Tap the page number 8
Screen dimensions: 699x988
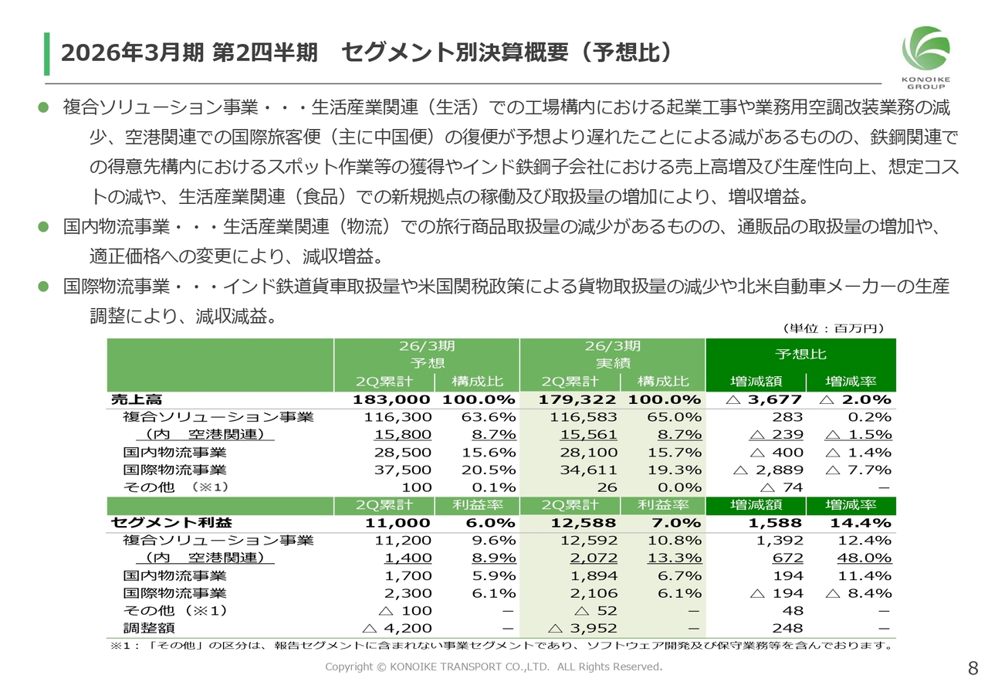click(x=973, y=667)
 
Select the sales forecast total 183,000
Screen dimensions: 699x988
click(x=391, y=400)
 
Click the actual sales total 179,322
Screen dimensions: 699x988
click(x=578, y=400)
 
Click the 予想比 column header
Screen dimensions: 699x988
click(x=800, y=354)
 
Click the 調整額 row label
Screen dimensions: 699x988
click(x=144, y=628)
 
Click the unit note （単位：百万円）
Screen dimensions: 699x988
click(x=833, y=328)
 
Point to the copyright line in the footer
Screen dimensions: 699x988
click(x=493, y=667)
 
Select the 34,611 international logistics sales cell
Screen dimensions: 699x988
click(x=590, y=470)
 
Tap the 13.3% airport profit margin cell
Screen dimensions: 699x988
click(x=680, y=558)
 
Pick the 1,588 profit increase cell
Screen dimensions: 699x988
click(x=777, y=523)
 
